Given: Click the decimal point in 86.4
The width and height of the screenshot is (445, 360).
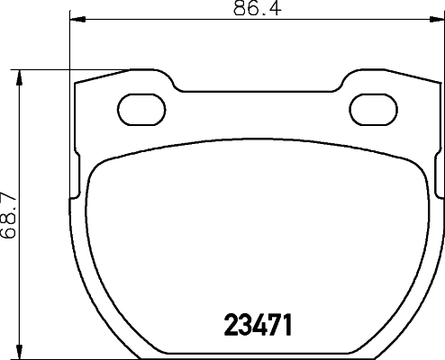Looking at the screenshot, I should pos(261,14).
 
